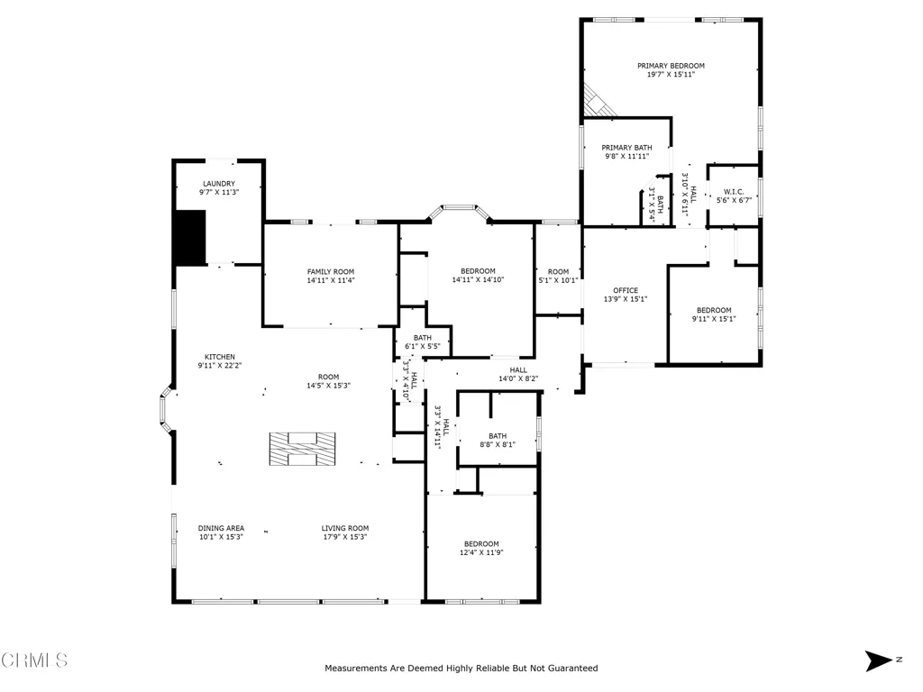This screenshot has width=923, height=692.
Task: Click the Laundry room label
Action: point(219,184)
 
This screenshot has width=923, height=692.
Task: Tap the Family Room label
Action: point(331,272)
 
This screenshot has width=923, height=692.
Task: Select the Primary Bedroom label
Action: point(671,66)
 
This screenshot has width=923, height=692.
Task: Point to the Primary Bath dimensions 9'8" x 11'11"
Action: point(627,157)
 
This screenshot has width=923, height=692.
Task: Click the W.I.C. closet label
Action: point(734,192)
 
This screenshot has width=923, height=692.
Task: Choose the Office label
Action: point(626,290)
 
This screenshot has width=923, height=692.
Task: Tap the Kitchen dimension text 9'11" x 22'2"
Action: point(220,366)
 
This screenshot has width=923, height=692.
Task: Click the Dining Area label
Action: point(221,528)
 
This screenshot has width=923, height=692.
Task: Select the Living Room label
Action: point(345,528)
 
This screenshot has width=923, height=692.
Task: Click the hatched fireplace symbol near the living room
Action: point(303,449)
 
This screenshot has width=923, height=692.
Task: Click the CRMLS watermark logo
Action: point(34,660)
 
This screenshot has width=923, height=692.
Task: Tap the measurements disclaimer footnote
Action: point(461,668)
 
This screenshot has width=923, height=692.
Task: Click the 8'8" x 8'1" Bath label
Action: point(498,436)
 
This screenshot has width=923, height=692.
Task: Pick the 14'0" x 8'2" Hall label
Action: point(518,370)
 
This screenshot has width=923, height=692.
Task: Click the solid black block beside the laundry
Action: point(189,237)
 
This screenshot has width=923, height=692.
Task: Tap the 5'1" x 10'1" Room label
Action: point(558,272)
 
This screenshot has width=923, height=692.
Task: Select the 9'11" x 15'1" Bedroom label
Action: point(714,310)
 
